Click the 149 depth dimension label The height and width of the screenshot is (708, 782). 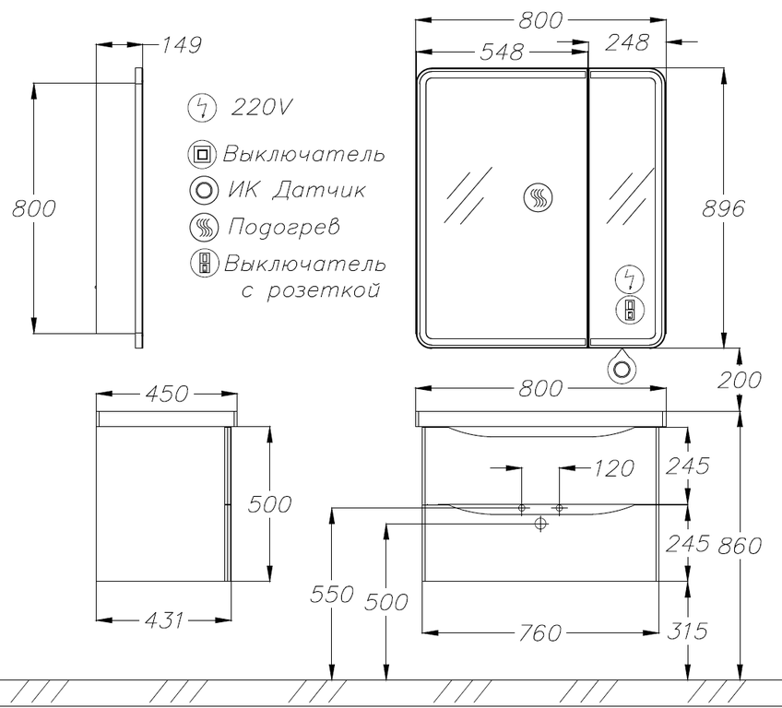click(x=182, y=45)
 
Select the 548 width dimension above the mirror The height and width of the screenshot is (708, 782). click(x=502, y=52)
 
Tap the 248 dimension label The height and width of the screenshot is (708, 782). click(x=627, y=42)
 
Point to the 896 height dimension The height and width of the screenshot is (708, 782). click(x=723, y=208)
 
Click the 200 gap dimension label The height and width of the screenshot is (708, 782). click(x=739, y=380)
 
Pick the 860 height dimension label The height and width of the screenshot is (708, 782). click(x=739, y=546)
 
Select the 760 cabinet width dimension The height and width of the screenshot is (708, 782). click(x=540, y=633)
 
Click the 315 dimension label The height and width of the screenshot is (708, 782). click(x=687, y=631)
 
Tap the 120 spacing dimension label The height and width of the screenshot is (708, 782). click(x=613, y=468)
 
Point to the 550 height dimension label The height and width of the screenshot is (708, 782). click(x=332, y=594)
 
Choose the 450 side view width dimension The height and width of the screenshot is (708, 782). click(x=167, y=394)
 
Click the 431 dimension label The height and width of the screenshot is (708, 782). click(x=164, y=620)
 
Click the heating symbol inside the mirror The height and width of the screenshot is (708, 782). click(x=539, y=196)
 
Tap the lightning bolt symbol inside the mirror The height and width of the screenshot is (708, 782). click(x=631, y=279)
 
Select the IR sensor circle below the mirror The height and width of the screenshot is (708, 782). click(x=622, y=370)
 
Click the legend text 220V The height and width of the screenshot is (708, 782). click(x=260, y=107)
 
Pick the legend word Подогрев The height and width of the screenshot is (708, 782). click(x=284, y=228)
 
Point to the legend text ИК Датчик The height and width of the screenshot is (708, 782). click(x=296, y=190)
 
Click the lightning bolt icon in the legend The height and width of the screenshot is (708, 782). click(x=202, y=108)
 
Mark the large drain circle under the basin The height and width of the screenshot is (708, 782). click(x=540, y=524)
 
